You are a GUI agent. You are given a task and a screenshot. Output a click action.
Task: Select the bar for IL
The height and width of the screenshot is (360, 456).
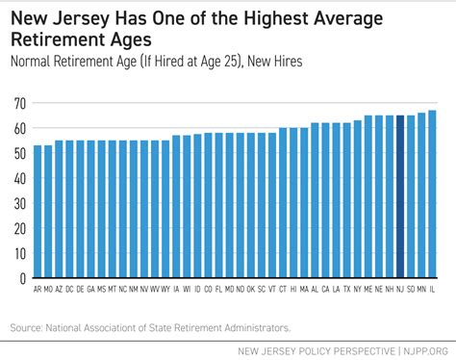[x=432, y=193]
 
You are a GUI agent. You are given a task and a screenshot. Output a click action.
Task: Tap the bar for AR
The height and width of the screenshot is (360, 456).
[x=38, y=212]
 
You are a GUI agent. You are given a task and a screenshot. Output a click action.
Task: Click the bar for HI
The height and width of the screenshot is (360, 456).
[x=293, y=202]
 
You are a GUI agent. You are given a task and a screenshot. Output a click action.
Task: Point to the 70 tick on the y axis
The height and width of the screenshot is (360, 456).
[x=20, y=103]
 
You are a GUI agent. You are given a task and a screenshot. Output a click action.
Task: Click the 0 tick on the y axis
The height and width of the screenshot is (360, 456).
[x=23, y=278]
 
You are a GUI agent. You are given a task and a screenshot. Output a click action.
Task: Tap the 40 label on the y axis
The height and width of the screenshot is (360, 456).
[x=20, y=178]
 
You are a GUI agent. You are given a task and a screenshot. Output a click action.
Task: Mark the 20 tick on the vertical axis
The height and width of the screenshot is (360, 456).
[x=20, y=228]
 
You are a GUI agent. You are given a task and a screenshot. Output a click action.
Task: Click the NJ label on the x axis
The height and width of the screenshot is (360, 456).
[x=399, y=288]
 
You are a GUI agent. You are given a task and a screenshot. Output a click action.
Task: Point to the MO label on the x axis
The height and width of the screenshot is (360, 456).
[x=48, y=288]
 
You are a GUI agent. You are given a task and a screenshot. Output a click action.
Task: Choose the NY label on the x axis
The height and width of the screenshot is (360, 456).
[x=356, y=288]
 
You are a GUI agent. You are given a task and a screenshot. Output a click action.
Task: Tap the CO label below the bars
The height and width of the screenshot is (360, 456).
[x=208, y=288]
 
